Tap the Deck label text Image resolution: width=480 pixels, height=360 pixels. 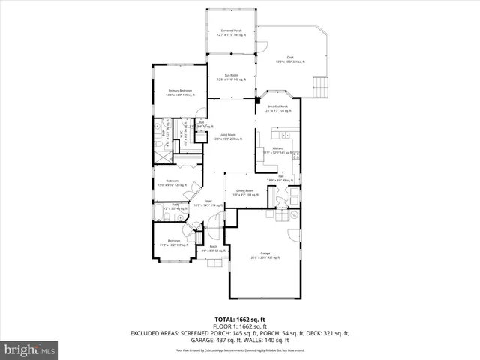pyautogui.click(x=290, y=59)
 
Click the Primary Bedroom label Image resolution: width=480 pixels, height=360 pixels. pyautogui.click(x=181, y=92)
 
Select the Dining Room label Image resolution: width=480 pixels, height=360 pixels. pyautogui.click(x=244, y=193)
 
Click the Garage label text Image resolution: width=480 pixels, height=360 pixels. pyautogui.click(x=265, y=255)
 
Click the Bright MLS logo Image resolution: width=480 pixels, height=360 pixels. pyautogui.click(x=30, y=349)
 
